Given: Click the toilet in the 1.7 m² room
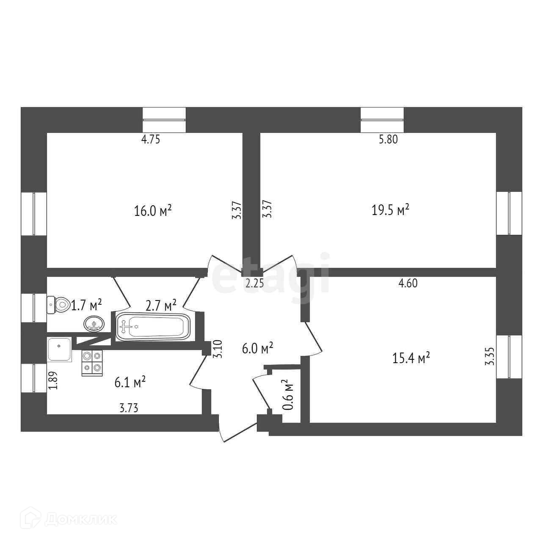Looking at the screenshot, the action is point(59,304).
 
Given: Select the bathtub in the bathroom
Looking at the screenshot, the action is point(153,326).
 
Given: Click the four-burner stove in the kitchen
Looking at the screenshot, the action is point(92,362).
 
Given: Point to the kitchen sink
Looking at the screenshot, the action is point(59,349).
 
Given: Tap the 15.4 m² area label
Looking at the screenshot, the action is point(411,358).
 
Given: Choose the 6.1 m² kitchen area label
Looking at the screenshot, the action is point(130,383).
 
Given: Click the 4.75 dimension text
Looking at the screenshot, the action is point(151,139).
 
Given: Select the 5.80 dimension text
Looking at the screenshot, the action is point(388,139).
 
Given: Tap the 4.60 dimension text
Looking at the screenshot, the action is point(408,283).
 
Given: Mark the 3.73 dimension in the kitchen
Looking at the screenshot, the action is point(129,408).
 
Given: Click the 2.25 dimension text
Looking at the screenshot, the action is point(255,283).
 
